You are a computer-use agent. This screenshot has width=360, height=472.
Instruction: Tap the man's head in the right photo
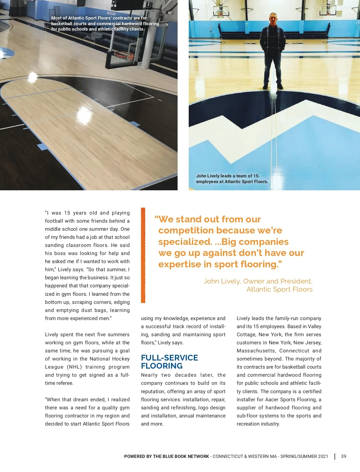click(x=273, y=19)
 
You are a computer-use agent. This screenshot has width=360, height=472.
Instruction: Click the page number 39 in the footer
click(x=343, y=456)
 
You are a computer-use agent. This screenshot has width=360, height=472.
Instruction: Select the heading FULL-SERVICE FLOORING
click(x=169, y=362)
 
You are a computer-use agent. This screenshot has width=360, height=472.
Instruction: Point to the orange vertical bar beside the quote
click(x=143, y=255)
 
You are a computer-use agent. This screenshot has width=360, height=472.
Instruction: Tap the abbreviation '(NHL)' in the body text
click(x=74, y=367)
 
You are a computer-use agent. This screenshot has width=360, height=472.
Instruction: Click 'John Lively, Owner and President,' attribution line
click(x=258, y=281)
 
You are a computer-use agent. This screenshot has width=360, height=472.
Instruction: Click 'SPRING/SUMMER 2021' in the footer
click(x=304, y=456)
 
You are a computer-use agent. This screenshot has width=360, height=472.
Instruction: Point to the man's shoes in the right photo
click(x=273, y=86)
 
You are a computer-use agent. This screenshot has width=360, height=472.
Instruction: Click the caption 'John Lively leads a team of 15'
click(x=227, y=176)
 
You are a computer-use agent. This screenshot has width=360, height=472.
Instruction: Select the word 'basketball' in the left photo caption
click(x=62, y=24)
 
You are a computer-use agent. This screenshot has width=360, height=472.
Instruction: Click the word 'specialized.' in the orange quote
click(x=185, y=242)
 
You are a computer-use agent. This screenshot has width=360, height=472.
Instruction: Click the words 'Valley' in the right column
click(x=314, y=327)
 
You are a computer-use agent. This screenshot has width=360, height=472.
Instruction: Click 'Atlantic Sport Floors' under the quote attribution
click(x=279, y=289)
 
